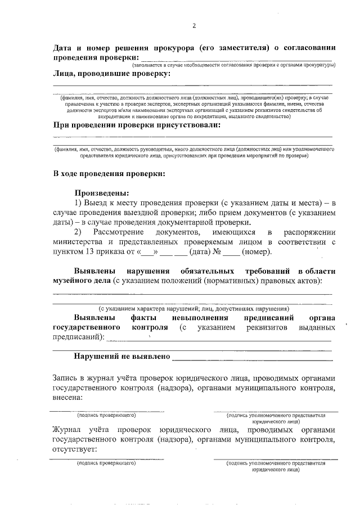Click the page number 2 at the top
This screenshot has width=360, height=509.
pos(194,26)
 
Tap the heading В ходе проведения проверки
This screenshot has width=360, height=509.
pos(109,174)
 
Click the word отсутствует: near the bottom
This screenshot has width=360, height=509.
pos(74,449)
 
